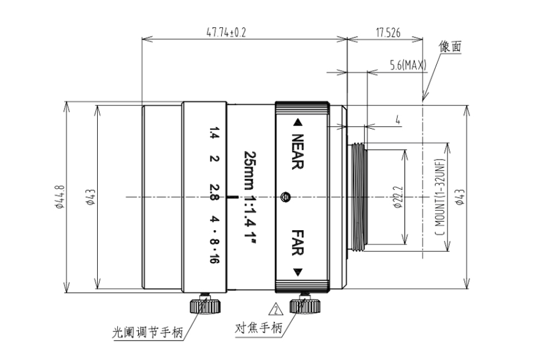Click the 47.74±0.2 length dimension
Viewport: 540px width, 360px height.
click(x=226, y=33)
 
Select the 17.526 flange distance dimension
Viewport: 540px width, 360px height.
click(x=388, y=33)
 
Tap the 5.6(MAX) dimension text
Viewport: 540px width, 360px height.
click(x=408, y=65)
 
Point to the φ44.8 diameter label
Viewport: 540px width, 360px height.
click(x=59, y=197)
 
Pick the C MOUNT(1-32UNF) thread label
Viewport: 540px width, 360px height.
click(x=439, y=197)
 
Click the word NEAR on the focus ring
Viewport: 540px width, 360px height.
click(x=297, y=152)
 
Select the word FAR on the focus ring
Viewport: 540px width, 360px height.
click(x=298, y=243)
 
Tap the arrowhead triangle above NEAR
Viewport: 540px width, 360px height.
click(x=297, y=123)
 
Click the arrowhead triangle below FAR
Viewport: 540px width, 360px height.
click(x=297, y=272)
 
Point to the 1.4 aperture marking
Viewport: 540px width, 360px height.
click(x=214, y=133)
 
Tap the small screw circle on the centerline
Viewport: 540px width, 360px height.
click(x=285, y=197)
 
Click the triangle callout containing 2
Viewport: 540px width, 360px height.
click(x=276, y=310)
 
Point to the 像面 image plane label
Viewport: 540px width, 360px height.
click(x=450, y=46)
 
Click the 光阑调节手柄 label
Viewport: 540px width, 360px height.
click(x=148, y=333)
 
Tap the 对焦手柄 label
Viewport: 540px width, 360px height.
click(x=258, y=327)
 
